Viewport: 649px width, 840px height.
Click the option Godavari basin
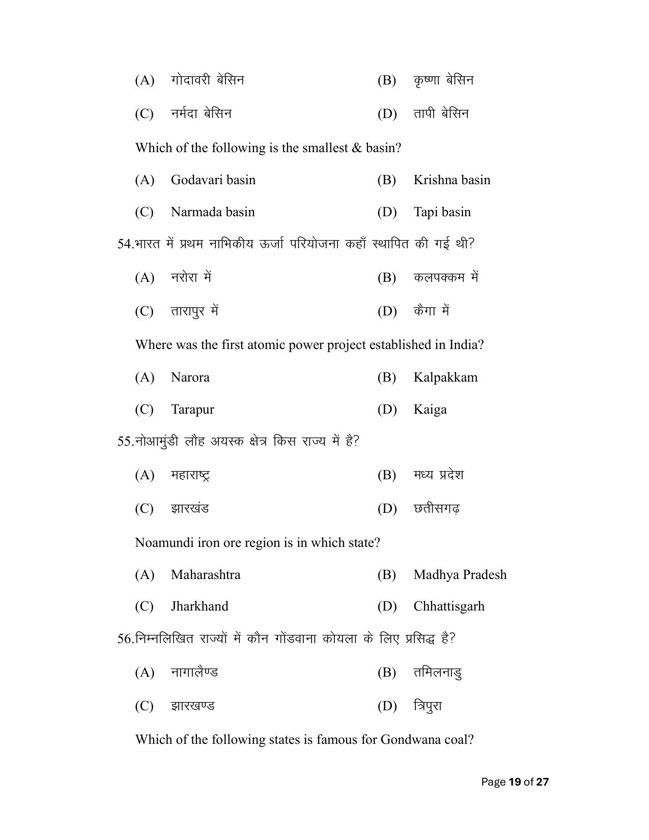coord(213,180)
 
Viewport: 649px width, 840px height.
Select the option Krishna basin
coord(452,180)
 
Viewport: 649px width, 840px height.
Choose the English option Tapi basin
coord(442,212)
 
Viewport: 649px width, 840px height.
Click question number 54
coord(125,244)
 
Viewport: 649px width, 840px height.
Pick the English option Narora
coord(190,378)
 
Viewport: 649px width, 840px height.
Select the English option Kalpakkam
coord(445,378)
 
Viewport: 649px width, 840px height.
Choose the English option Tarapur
coord(192,410)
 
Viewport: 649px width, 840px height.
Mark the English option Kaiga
coord(430,410)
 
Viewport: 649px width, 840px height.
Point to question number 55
coord(125,442)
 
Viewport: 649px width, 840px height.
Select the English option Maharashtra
coord(206,575)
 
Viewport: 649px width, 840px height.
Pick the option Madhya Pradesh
coord(460,575)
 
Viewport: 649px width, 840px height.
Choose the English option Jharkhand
coord(200,606)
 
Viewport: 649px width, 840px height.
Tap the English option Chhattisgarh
coord(448,606)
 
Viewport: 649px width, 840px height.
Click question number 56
coord(125,639)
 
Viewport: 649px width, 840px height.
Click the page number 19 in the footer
coord(515,782)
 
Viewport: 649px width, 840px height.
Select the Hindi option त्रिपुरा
coord(428,706)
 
